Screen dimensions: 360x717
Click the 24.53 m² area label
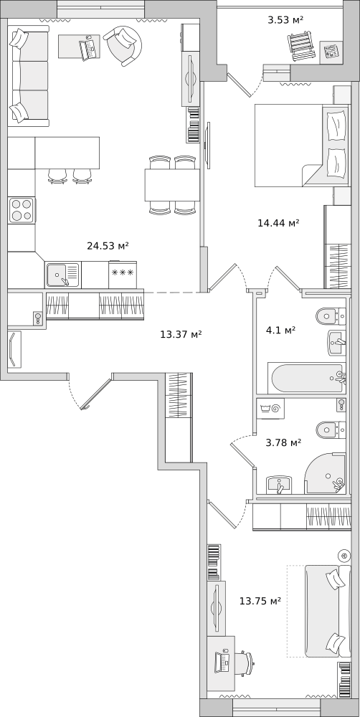point(108,246)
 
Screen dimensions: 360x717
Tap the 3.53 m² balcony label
point(286,19)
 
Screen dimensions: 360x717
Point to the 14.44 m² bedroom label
point(278,223)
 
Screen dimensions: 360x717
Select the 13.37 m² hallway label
point(181,334)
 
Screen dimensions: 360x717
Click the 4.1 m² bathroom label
point(280,329)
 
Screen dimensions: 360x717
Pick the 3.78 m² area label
point(283,442)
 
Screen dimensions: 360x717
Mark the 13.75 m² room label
point(260,601)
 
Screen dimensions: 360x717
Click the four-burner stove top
point(22,210)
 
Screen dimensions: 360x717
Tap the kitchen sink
point(62,275)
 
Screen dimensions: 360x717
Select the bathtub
point(307,378)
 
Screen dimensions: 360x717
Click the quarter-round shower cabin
point(326,474)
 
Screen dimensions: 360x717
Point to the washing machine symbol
point(270,409)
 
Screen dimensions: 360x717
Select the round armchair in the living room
point(123,46)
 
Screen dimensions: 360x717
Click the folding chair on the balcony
point(302,44)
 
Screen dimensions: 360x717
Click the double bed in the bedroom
point(302,145)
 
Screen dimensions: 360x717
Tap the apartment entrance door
point(95,393)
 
